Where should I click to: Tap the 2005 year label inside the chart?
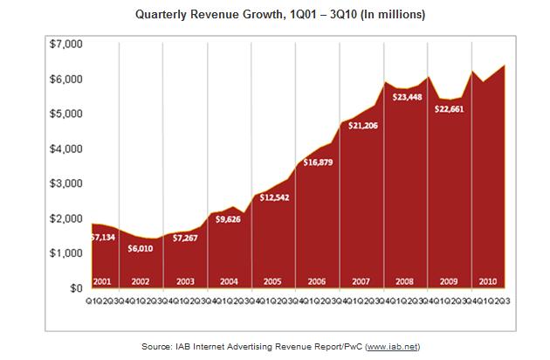[273, 281]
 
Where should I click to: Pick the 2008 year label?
[403, 281]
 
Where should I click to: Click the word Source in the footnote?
[157, 347]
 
